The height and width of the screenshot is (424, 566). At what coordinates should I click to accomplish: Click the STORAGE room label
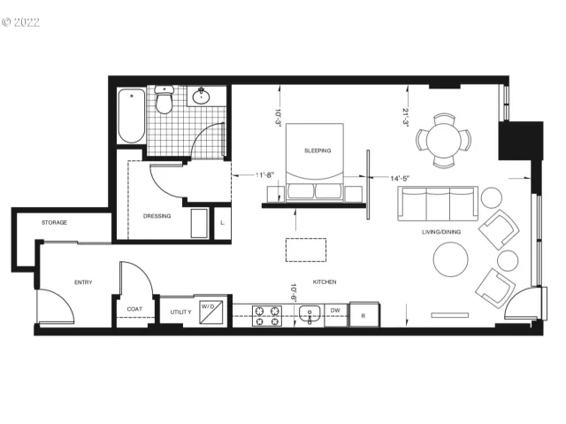54,222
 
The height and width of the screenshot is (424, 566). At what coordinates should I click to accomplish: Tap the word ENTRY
82,282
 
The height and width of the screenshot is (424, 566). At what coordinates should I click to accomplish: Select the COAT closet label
134,309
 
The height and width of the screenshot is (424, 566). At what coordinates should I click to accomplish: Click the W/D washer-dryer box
211,310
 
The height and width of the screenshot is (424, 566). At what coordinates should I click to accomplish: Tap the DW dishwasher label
335,311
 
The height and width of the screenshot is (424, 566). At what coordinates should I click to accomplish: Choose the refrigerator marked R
363,313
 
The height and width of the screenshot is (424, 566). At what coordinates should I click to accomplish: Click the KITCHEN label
325,281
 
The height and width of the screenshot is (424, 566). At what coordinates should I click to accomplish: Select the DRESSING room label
157,216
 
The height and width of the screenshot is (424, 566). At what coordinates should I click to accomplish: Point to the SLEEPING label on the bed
317,150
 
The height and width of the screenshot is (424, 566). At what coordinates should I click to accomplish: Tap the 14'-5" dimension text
402,179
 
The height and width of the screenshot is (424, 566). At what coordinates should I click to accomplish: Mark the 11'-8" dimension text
266,175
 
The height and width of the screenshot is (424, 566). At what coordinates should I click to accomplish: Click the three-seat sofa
437,204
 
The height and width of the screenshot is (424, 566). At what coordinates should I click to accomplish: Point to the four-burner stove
266,315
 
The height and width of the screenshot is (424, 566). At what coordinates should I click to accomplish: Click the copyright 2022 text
21,21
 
